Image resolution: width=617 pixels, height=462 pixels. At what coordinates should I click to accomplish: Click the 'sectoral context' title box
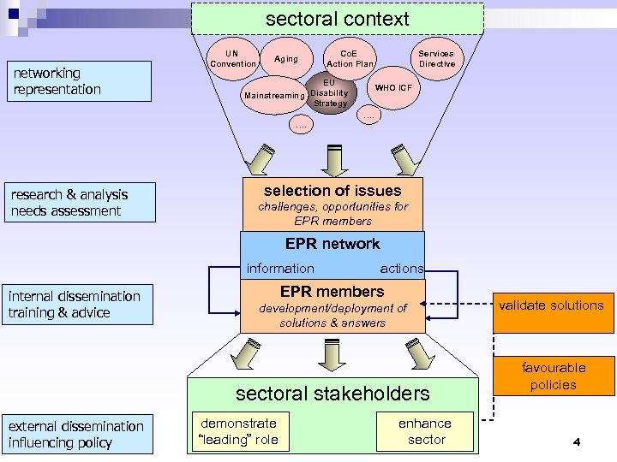(338, 19)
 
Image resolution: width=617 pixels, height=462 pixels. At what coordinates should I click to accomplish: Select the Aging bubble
(286, 59)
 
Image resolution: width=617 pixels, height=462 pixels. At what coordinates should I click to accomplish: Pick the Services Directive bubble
(436, 58)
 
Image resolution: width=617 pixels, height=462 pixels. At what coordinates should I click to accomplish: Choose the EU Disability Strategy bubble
(330, 93)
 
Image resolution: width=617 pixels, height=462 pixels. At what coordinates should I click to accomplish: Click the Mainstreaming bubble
(274, 96)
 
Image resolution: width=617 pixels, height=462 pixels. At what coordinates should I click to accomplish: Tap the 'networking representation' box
(78, 81)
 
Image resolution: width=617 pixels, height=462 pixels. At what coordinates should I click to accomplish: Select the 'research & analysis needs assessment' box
(82, 203)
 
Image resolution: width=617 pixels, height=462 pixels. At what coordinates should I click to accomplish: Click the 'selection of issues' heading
(332, 191)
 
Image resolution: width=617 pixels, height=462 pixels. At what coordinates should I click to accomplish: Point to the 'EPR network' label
(332, 244)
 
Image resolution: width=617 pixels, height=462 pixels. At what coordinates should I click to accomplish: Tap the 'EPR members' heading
(332, 292)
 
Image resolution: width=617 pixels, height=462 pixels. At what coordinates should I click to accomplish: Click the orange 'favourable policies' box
(553, 376)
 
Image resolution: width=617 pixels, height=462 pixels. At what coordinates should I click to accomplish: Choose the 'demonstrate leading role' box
(238, 431)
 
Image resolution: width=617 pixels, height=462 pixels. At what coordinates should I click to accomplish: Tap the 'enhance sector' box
(425, 431)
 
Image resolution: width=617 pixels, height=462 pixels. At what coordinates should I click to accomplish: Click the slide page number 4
(577, 442)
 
